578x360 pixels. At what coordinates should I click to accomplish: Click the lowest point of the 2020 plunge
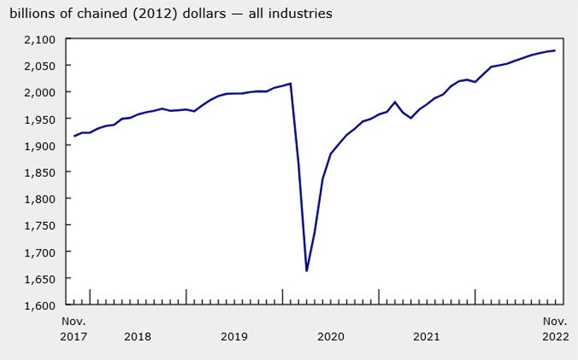307,271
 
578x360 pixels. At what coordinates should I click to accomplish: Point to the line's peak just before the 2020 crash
290,83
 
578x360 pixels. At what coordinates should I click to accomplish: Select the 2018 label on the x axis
137,337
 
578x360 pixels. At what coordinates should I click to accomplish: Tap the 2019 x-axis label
234,337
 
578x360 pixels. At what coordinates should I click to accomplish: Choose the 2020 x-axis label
330,337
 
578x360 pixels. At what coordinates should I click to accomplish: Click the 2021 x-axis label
427,337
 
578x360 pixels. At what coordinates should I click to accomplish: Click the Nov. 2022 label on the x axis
554,329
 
